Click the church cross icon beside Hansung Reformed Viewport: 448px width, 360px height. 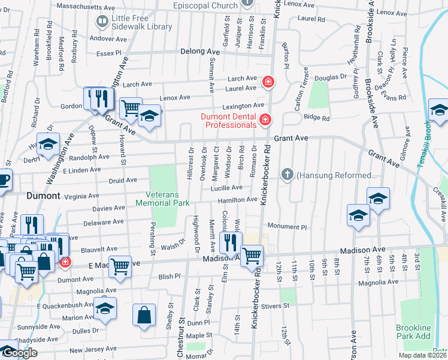coord(287,175)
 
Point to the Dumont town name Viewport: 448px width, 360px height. coord(43,196)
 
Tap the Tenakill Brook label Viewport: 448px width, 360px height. coord(428,143)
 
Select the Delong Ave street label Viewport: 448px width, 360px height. coord(200,52)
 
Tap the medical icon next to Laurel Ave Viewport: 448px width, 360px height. coord(268,80)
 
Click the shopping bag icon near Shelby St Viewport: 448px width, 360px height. coord(144,314)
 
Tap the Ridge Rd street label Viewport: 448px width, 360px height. coord(317,118)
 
